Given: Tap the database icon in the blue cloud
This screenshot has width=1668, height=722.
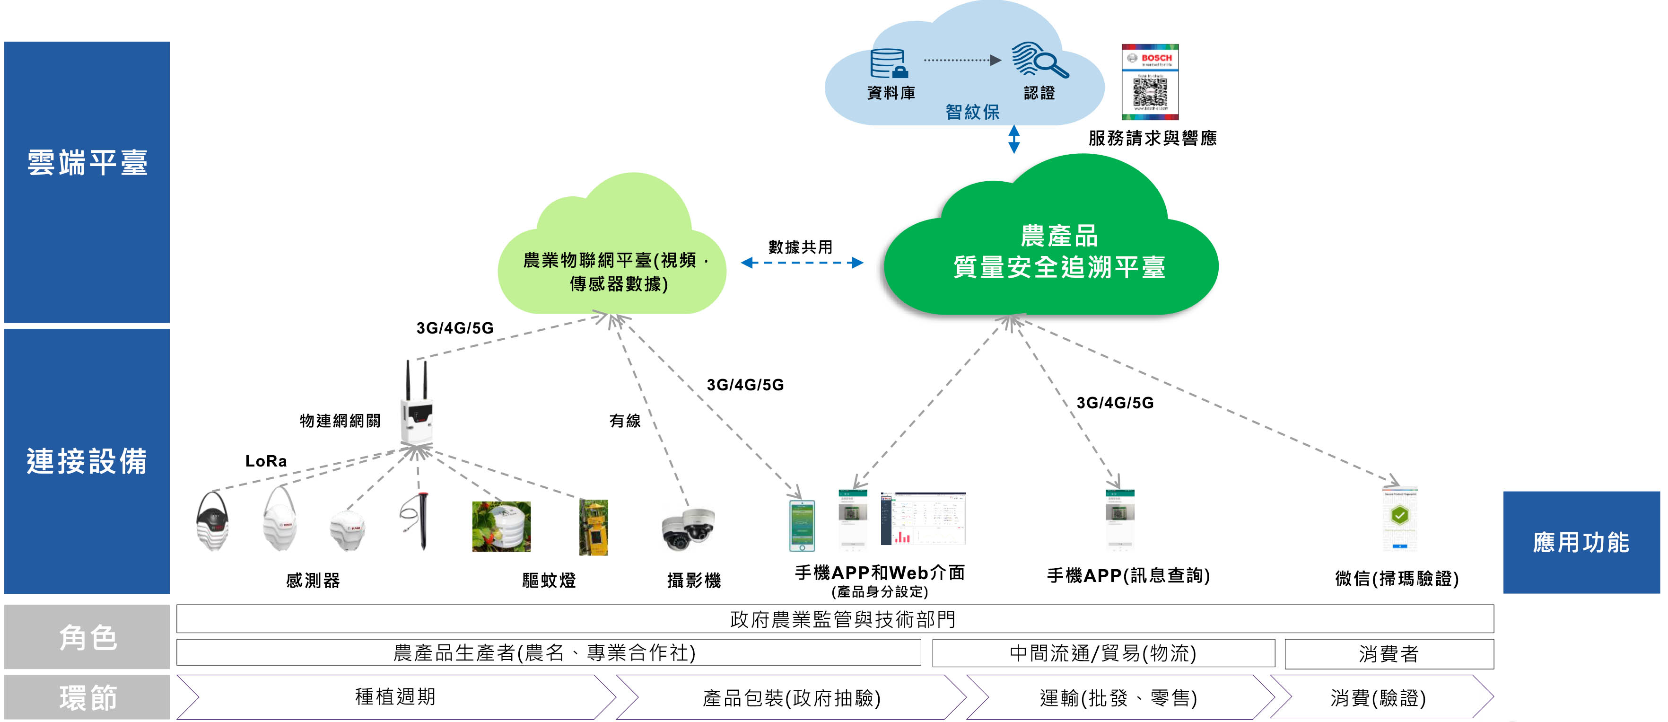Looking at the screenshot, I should click(889, 63).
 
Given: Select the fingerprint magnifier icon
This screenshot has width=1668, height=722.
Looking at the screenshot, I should click(1039, 60).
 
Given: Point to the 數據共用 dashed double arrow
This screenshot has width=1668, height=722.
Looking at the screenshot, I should click(802, 263).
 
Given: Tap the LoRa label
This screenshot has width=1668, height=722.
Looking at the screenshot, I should click(265, 461).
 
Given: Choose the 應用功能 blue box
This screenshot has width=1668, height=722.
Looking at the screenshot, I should click(1581, 542).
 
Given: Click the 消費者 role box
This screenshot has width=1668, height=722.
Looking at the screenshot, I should click(1389, 653).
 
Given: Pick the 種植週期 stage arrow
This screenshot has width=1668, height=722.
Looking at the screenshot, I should click(395, 697).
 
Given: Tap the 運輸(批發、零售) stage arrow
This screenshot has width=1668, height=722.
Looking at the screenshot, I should click(1118, 697).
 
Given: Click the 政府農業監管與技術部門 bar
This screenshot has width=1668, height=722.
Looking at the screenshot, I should click(835, 619).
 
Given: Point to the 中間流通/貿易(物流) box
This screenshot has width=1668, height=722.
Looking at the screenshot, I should click(1103, 653).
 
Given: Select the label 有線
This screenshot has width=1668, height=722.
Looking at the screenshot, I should click(625, 421).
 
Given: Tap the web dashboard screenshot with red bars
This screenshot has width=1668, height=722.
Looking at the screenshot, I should click(922, 519).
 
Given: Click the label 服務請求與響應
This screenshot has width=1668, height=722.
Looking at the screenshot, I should click(1152, 138).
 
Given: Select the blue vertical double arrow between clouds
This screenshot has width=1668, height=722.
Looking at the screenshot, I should click(1014, 139).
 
